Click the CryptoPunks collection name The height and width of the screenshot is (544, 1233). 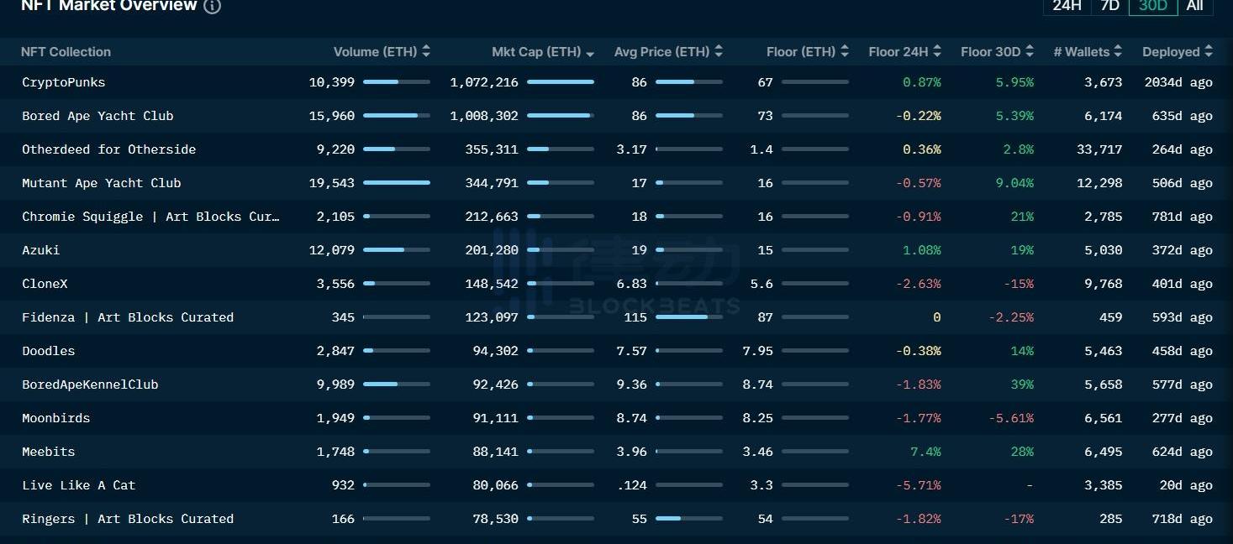64,82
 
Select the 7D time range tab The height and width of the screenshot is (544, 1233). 1109,6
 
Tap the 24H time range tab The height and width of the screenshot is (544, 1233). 1067,6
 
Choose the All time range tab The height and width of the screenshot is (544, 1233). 1194,6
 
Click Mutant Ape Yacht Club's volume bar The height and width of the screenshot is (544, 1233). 396,183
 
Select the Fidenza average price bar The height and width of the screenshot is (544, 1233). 688,317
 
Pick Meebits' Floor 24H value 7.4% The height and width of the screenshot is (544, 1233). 925,452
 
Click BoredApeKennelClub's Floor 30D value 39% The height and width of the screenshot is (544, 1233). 1022,384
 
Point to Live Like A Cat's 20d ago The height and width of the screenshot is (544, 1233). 1182,485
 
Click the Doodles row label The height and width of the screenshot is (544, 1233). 49,351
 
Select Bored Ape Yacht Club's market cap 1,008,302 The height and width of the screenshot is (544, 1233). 484,116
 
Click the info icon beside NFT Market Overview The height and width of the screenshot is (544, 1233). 213,6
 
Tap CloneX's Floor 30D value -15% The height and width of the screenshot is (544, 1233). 1018,284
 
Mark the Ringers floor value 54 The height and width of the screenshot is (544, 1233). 765,519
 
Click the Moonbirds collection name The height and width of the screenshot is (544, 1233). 56,418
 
